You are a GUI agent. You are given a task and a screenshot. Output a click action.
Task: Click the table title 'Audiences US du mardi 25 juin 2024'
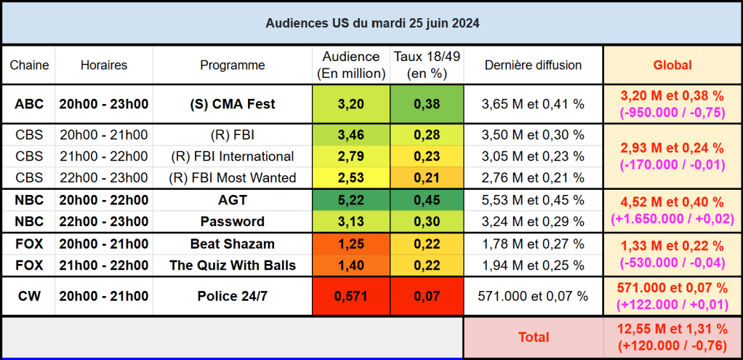coord(371,23)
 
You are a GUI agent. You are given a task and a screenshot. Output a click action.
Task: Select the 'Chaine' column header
coord(29,65)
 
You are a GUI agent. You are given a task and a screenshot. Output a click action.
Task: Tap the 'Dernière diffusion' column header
coord(533,65)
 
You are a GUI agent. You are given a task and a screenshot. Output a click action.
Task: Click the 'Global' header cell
coord(672,65)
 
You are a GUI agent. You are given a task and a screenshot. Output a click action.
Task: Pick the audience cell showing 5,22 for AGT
coord(351,200)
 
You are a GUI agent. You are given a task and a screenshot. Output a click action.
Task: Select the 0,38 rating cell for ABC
coord(427,104)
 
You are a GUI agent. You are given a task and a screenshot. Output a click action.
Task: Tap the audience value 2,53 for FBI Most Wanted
coord(351,178)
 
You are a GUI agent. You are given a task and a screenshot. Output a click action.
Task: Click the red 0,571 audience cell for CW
coord(351,296)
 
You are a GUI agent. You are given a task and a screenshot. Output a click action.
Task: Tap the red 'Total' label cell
coord(533,337)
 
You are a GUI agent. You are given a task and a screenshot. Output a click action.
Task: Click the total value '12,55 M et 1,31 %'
coord(672,329)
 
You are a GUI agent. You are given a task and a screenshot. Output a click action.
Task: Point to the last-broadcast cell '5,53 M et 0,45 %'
coord(533,200)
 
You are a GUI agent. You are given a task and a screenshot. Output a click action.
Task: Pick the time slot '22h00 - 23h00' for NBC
coord(104,222)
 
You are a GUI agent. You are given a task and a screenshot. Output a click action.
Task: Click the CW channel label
coord(29,296)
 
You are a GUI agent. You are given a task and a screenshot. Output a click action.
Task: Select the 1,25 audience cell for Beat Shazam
coord(351,244)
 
